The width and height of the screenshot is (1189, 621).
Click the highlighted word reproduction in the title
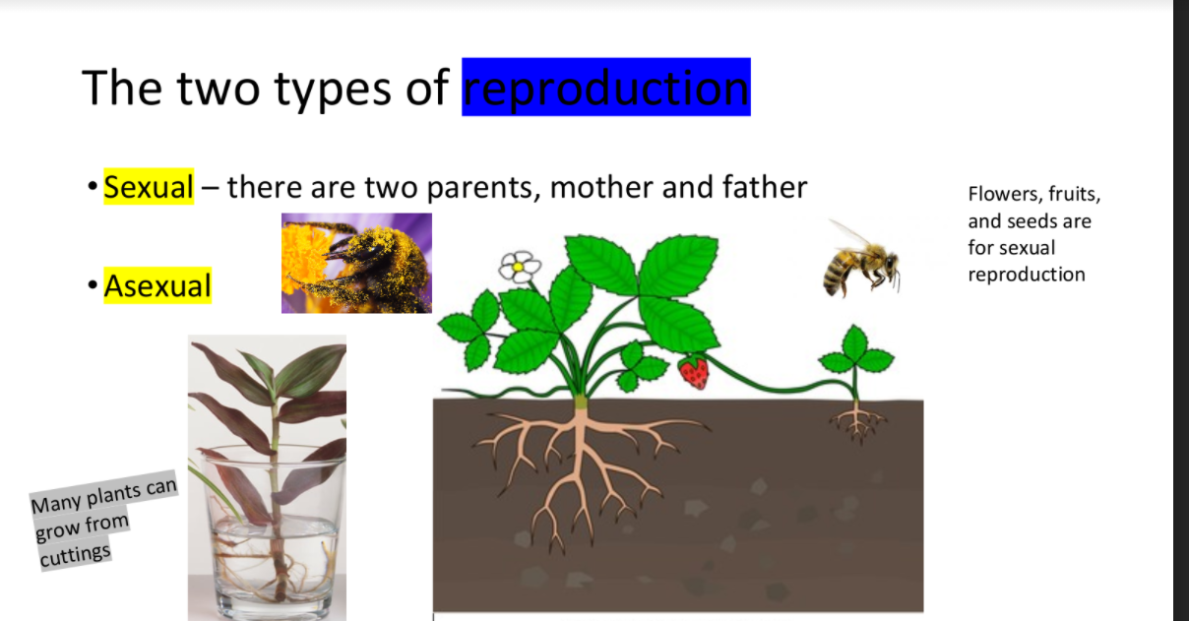click(x=606, y=87)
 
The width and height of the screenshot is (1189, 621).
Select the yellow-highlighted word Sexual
click(x=149, y=187)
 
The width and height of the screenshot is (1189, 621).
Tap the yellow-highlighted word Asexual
click(x=157, y=285)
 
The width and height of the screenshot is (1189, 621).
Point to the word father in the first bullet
click(x=765, y=187)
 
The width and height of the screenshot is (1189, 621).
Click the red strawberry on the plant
click(x=694, y=372)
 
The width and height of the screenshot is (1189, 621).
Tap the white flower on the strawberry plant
click(x=520, y=267)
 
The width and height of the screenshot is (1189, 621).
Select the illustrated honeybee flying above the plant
click(x=861, y=260)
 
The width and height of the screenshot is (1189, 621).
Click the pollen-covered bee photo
click(x=356, y=264)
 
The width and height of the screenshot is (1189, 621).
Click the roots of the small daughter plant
click(x=856, y=423)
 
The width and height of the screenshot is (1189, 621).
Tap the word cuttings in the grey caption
click(x=76, y=555)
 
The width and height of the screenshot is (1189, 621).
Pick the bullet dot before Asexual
click(x=93, y=285)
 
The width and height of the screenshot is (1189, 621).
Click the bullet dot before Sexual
click(x=93, y=187)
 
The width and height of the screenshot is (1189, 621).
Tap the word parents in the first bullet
click(x=484, y=188)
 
